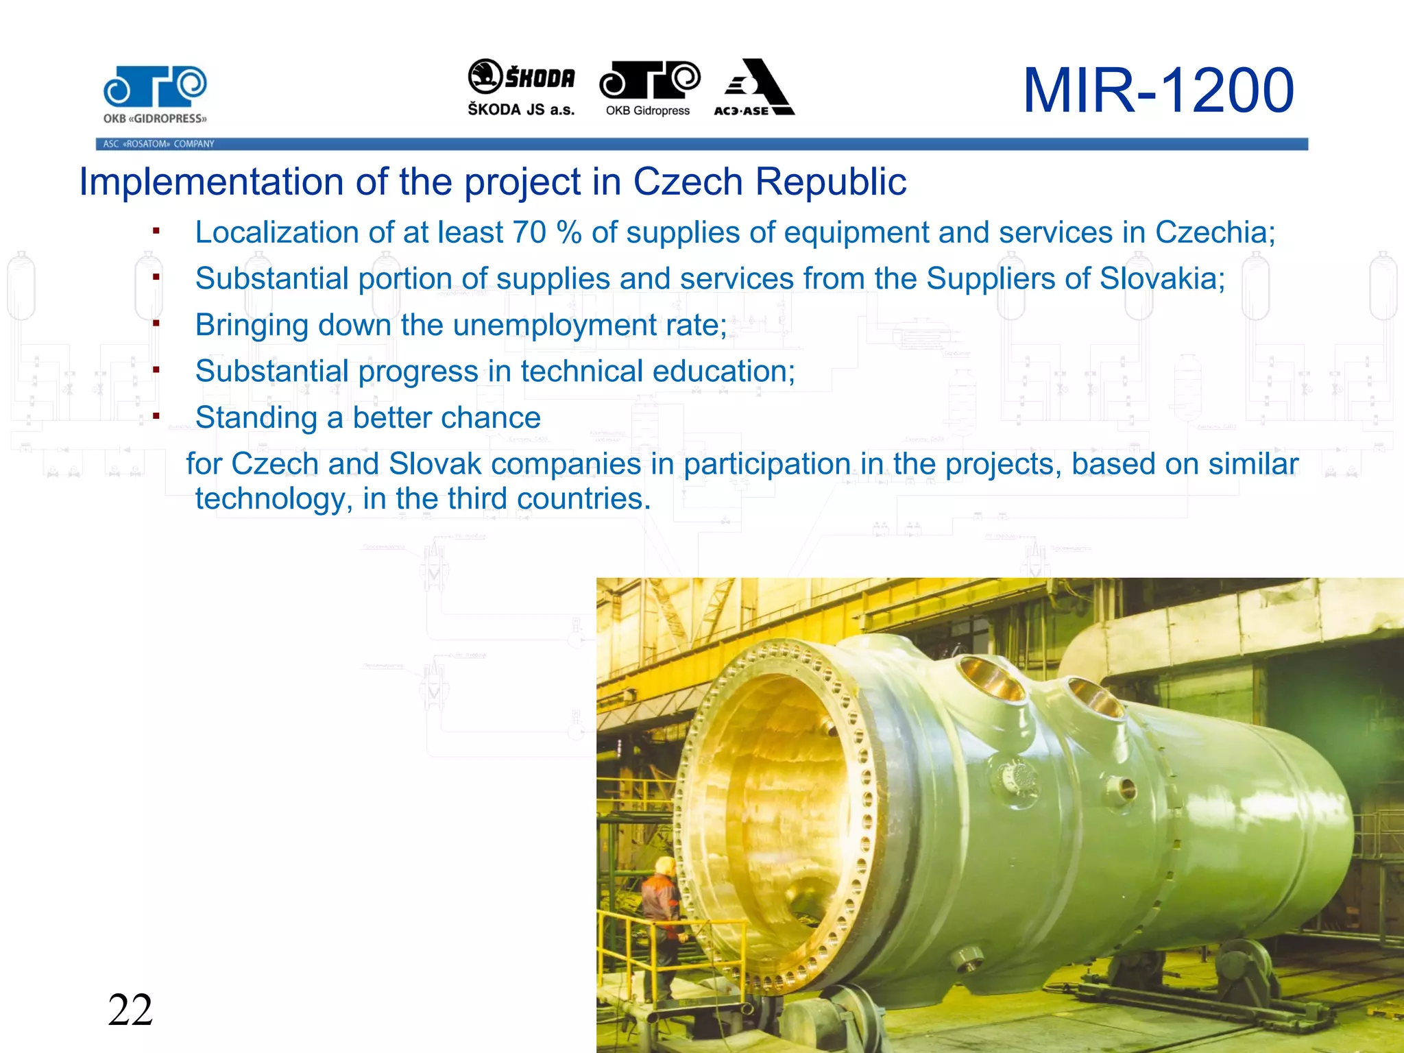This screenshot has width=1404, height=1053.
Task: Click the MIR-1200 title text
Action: click(x=1157, y=90)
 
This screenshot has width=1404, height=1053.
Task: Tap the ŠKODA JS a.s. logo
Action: click(x=521, y=88)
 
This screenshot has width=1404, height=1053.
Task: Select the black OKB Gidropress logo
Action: click(x=649, y=88)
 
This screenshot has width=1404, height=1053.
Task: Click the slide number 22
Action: click(x=130, y=1010)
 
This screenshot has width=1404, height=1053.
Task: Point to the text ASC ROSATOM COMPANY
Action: click(x=158, y=144)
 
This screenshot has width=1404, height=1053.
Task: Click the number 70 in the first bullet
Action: click(x=529, y=232)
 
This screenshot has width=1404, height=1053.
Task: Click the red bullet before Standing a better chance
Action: click(x=156, y=416)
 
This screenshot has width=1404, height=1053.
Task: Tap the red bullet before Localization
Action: click(x=156, y=231)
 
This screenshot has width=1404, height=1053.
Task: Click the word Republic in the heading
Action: click(x=830, y=182)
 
